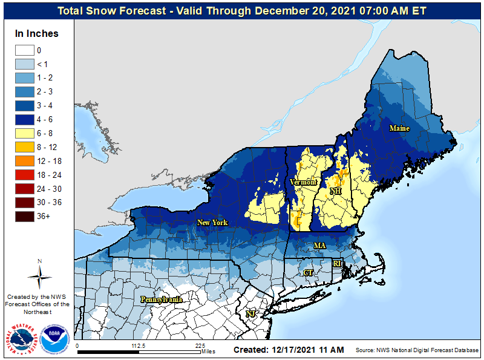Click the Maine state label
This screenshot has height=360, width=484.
(x=399, y=128)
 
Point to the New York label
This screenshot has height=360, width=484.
(x=212, y=223)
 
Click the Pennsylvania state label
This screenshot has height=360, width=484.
(x=162, y=299)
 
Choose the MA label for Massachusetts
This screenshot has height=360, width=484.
(x=319, y=245)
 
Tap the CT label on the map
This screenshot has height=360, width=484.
(x=309, y=273)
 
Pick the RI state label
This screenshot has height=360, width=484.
(x=337, y=263)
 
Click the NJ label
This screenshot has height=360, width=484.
(x=250, y=313)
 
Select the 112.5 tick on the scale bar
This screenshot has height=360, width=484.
(x=139, y=346)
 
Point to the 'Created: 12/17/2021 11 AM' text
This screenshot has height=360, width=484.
(x=289, y=350)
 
